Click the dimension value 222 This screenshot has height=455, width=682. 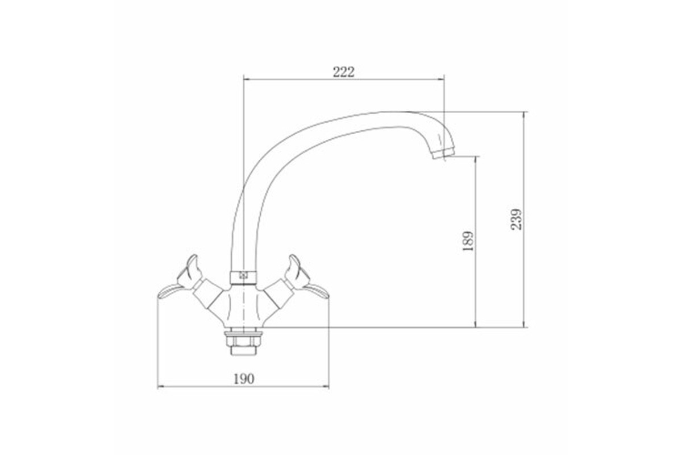(343, 72)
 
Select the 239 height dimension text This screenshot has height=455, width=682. (516, 220)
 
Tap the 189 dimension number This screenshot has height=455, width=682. (468, 242)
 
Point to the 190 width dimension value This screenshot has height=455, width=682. (244, 379)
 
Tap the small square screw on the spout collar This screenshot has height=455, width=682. (243, 275)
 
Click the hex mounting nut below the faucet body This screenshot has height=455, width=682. (243, 338)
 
